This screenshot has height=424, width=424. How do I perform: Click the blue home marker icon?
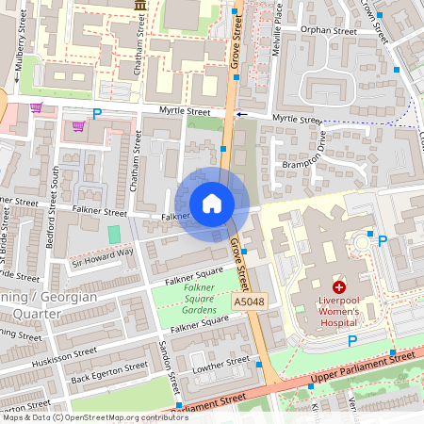(212, 204)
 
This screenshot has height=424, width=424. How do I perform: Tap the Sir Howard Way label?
(103, 257)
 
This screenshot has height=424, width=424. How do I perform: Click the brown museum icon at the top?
(141, 6)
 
